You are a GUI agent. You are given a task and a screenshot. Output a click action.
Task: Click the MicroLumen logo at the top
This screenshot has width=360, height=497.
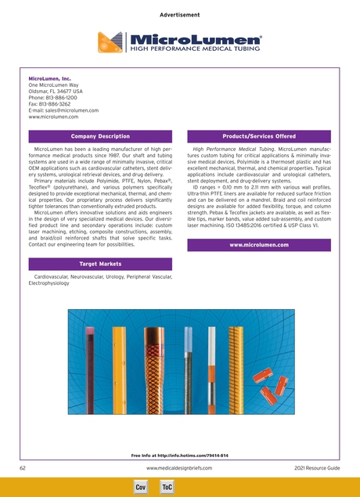coord(180,42)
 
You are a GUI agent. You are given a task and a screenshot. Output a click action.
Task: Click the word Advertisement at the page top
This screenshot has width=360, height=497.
coord(180,16)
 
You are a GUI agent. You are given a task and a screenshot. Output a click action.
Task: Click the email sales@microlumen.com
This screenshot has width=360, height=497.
coord(63,111)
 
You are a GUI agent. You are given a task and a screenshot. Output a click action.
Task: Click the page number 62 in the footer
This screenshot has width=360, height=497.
coord(23,467)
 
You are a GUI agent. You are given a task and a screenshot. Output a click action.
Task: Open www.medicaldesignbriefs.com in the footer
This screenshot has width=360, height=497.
coord(179,467)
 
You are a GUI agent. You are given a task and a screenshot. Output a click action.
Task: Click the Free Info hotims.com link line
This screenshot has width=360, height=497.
coord(180,455)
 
